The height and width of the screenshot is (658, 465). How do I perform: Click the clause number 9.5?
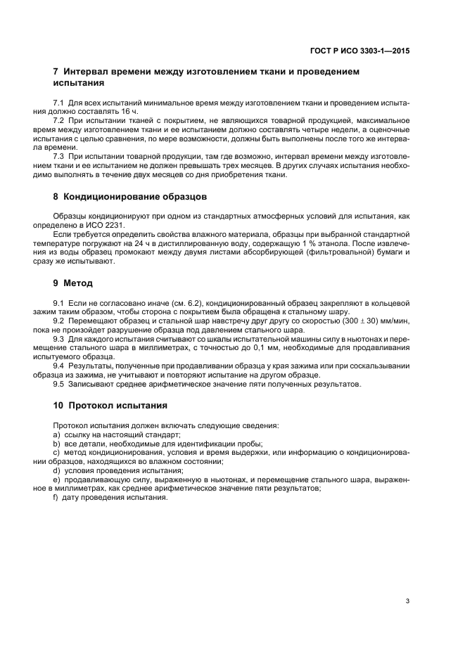59,384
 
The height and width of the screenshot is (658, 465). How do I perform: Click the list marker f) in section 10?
56,498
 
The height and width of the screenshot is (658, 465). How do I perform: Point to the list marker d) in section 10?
56,470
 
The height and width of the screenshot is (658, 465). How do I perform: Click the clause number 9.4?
59,366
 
